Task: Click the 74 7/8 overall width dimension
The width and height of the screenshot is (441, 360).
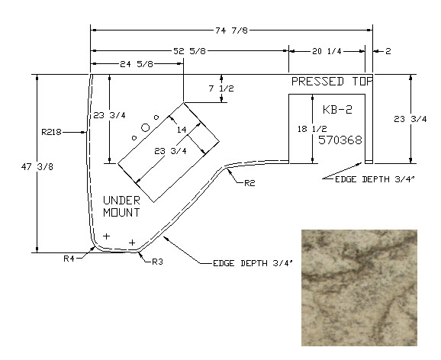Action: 231,31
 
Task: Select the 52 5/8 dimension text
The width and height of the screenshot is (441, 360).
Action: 189,51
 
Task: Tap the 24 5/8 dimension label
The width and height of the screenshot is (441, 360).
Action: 137,64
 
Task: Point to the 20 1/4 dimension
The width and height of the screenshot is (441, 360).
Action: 327,51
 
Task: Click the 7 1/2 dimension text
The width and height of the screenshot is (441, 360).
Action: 221,88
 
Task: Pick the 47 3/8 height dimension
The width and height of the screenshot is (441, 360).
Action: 37,167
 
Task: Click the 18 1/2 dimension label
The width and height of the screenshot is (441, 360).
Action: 312,129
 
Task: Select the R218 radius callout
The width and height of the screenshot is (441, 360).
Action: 51,132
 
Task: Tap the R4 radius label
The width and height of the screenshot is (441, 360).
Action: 69,259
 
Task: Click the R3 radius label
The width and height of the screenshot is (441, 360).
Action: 157,262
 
